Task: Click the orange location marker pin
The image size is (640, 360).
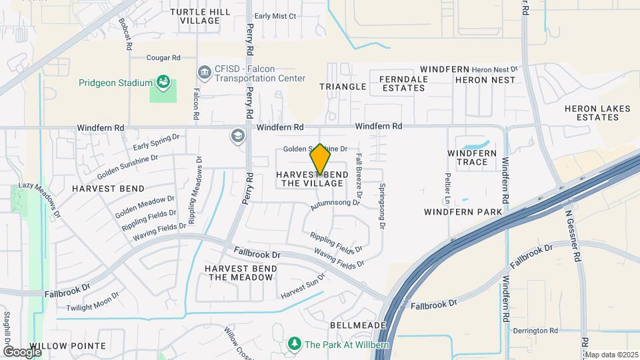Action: coord(321,159)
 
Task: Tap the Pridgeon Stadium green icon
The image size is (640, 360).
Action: coord(163,83)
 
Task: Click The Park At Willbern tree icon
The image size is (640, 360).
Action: coord(294,344)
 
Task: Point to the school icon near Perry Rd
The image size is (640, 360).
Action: coord(237,137)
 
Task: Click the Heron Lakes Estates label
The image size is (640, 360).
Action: coord(592,113)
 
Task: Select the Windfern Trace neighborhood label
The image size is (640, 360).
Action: coord(472,157)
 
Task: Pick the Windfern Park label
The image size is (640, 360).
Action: coord(462,212)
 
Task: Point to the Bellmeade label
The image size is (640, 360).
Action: coord(358,325)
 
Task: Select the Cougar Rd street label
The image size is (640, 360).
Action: coord(155,58)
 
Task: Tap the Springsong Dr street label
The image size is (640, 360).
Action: coord(383,207)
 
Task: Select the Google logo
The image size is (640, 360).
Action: coord(22,351)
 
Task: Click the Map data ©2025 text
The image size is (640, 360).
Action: coord(611,355)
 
